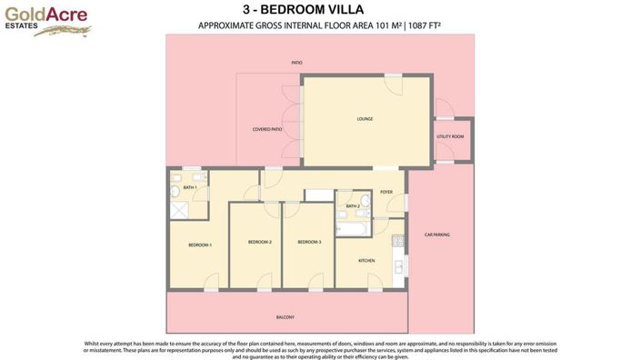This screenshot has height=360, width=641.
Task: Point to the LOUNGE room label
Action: click(365, 119)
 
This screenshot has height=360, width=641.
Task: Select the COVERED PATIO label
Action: click(267, 130)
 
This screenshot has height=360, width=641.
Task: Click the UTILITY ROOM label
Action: click(450, 136)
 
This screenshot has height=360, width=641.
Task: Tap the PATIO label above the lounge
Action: click(296, 63)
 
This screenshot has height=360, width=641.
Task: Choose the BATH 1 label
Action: click(190, 187)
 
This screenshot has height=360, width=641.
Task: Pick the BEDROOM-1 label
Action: click(200, 245)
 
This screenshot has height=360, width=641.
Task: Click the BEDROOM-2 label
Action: click(260, 242)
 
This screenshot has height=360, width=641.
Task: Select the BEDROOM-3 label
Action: click(309, 242)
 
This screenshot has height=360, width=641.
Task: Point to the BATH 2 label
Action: click(353, 206)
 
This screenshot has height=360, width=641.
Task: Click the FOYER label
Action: click(386, 192)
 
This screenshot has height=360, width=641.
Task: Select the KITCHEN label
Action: click(366, 261)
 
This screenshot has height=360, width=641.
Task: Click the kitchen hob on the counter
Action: click(397, 243)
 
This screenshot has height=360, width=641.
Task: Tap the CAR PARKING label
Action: click(437, 235)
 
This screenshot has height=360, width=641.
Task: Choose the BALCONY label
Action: click(285, 317)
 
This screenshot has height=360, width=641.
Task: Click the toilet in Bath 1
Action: click(175, 190)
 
